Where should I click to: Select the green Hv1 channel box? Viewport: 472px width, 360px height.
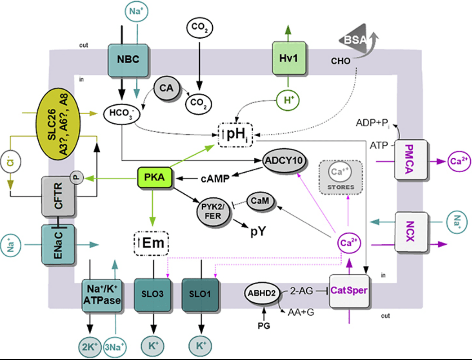coord(289,58)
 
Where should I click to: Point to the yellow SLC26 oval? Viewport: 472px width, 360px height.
coord(58,124)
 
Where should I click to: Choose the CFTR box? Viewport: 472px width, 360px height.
coord(58,196)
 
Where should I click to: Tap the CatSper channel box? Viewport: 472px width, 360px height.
coord(349,291)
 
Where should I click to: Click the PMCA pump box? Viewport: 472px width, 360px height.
coord(411,160)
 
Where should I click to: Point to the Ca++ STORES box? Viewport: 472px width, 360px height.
coord(341,177)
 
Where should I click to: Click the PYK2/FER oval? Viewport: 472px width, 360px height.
coord(213,212)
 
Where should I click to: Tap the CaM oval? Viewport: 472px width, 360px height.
coord(261,201)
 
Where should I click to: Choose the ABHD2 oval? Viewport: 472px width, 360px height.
coord(262,293)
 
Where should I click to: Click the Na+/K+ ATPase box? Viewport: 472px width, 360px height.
coord(102,295)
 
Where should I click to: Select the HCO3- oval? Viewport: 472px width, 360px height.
coord(122,114)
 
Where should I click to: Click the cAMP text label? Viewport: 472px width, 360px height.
coord(215,179)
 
